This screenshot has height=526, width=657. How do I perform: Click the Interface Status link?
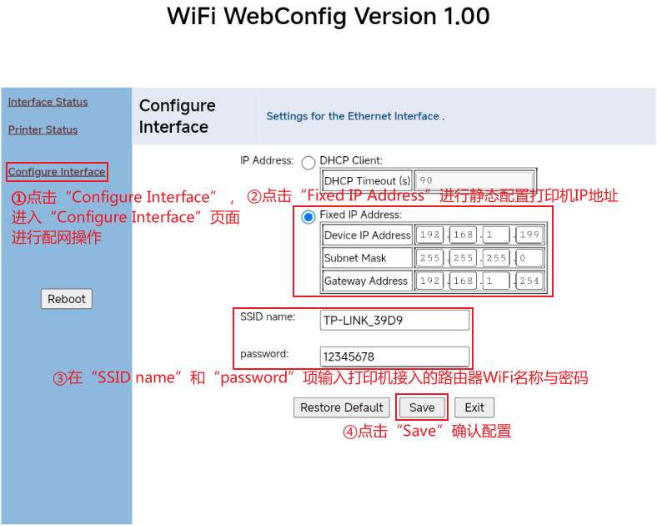[x=48, y=102]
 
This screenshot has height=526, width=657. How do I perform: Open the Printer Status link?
[x=43, y=129]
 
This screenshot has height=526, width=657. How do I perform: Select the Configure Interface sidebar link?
[x=57, y=172]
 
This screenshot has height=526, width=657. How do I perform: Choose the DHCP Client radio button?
[x=308, y=163]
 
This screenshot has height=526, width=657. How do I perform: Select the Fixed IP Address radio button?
[x=308, y=217]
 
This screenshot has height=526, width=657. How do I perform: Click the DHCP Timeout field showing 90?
[x=474, y=181]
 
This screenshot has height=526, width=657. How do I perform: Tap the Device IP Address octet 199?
[x=530, y=235]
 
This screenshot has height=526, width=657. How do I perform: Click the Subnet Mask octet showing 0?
[x=530, y=258]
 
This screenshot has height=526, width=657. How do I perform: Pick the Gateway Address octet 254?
[x=530, y=281]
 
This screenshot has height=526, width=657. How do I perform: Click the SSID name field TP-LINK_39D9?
[x=394, y=320]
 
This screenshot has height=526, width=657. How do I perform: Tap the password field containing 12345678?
[x=394, y=357]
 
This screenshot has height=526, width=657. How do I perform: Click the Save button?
[x=422, y=407]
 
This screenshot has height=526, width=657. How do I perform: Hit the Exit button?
[x=474, y=407]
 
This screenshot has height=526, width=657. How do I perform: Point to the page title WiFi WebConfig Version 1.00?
[x=328, y=16]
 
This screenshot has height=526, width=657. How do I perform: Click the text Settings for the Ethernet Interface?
[x=354, y=116]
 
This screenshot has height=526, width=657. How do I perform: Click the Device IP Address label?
[x=367, y=235]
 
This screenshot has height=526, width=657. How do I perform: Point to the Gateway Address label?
[x=366, y=281]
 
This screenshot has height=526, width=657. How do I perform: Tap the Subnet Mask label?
[x=355, y=258]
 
